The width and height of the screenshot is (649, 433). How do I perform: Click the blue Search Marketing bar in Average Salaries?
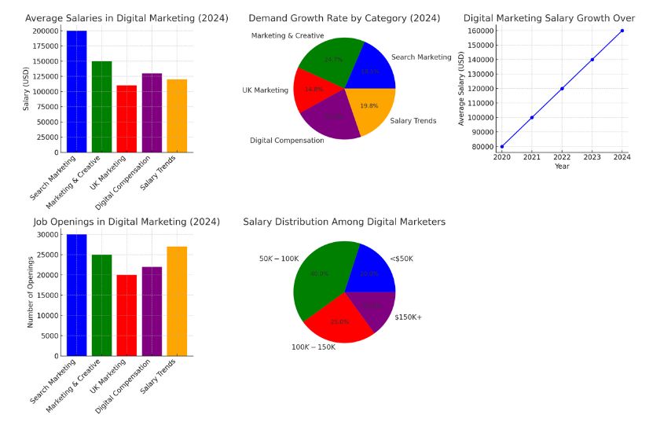pyautogui.click(x=76, y=91)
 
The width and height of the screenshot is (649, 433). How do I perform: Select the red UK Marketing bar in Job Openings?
pyautogui.click(x=126, y=315)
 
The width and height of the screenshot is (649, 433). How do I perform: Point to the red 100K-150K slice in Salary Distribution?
pyautogui.click(x=339, y=319)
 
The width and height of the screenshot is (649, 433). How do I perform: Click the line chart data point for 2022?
pyautogui.click(x=562, y=88)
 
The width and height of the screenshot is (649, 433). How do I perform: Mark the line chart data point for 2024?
pyautogui.click(x=621, y=31)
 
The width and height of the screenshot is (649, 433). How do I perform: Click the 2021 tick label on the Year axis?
pyautogui.click(x=532, y=157)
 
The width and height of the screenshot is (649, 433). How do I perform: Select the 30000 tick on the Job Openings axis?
pyautogui.click(x=48, y=234)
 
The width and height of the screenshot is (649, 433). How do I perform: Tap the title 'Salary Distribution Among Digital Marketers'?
pyautogui.click(x=344, y=222)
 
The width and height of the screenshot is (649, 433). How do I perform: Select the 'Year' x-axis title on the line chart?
pyautogui.click(x=562, y=167)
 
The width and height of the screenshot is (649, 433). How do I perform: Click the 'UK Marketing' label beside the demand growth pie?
pyautogui.click(x=265, y=90)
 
